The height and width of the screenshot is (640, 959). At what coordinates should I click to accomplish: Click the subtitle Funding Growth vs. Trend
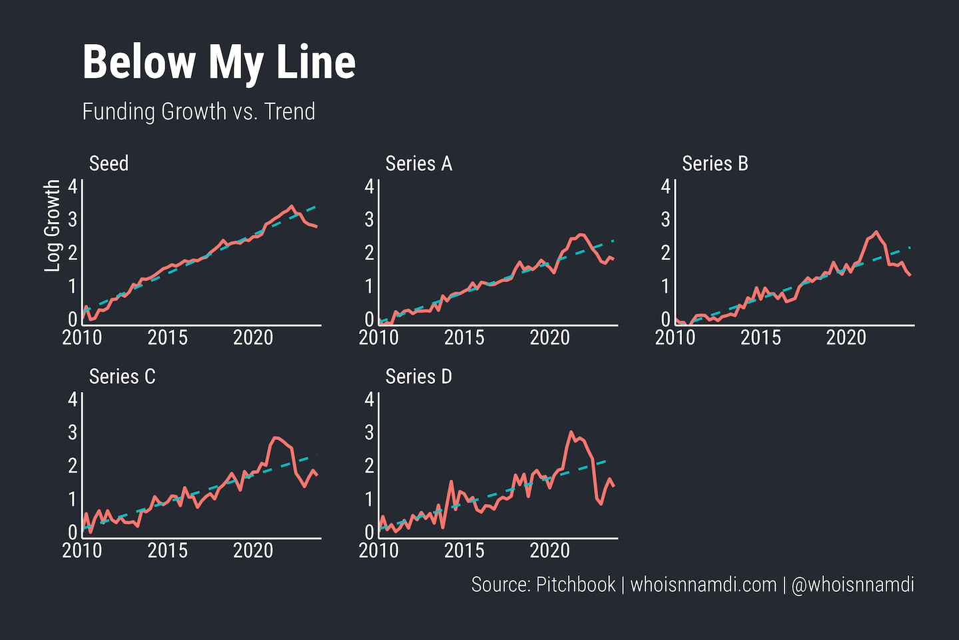tap(198, 111)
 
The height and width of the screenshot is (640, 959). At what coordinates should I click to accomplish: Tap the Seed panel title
tap(109, 164)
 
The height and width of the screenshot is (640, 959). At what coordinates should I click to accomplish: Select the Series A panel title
tap(418, 164)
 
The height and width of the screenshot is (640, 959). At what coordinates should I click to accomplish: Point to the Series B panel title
tap(715, 164)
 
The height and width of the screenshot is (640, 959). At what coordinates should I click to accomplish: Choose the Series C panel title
tap(122, 377)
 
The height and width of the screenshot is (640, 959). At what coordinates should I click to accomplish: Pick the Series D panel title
tap(418, 377)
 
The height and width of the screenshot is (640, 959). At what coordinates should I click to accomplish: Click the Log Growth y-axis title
tap(53, 225)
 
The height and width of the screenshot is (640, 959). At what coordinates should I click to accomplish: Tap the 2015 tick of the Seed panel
tap(167, 338)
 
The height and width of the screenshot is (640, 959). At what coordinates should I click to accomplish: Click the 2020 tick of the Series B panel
tap(846, 338)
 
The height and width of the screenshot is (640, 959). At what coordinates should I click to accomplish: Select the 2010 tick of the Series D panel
tap(378, 551)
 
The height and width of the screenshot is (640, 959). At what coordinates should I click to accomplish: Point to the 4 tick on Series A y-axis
tap(370, 186)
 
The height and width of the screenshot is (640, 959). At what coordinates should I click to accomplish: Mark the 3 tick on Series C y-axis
tap(73, 432)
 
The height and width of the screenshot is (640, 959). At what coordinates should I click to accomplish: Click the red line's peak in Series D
tap(571, 432)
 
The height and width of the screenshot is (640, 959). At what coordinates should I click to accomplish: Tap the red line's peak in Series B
tap(876, 232)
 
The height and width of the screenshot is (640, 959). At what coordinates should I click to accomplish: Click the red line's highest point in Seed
tap(292, 207)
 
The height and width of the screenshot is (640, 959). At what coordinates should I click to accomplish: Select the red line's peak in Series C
tap(276, 437)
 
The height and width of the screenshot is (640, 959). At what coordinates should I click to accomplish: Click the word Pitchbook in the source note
tap(575, 585)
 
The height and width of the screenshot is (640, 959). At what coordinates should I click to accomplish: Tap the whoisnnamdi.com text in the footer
tap(703, 585)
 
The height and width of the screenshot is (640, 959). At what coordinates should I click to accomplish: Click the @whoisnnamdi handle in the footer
tap(852, 585)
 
